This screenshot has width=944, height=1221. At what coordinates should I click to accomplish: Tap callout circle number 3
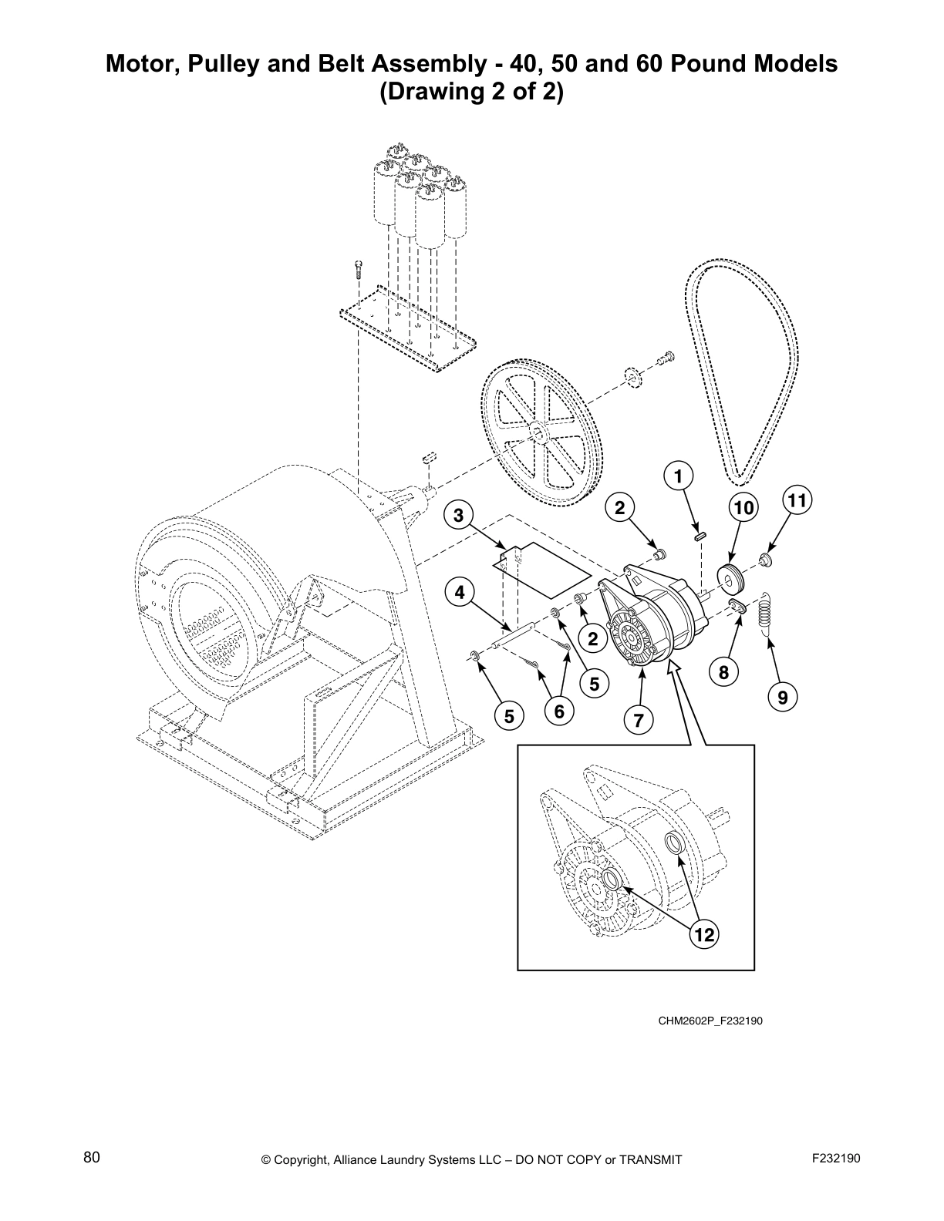[x=458, y=516]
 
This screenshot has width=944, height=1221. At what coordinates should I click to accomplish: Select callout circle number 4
[x=460, y=593]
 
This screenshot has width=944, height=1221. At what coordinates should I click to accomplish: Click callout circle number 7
[x=639, y=721]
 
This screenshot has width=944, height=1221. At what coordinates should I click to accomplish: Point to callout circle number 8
[x=723, y=672]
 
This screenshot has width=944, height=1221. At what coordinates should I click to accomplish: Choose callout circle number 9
[x=783, y=698]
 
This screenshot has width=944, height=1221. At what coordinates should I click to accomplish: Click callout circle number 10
[x=743, y=507]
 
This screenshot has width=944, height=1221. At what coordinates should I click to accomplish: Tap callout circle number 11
[x=797, y=501]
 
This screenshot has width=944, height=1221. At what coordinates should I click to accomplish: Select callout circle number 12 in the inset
[x=703, y=935]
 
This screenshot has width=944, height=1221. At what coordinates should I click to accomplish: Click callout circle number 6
[x=559, y=711]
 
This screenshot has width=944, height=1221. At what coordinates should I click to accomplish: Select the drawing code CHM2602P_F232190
[x=710, y=1021]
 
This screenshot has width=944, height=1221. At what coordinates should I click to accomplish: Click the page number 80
[x=92, y=1157]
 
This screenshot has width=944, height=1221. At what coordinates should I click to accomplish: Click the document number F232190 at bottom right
[x=836, y=1158]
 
